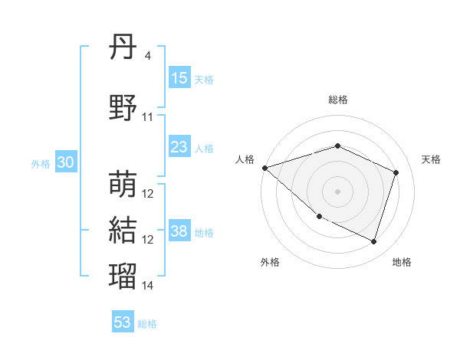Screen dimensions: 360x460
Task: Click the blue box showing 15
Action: [179, 78]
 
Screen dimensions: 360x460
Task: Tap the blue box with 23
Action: [179, 147]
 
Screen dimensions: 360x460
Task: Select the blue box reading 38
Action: [179, 231]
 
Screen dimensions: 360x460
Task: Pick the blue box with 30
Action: [66, 162]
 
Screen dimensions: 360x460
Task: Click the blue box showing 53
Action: [123, 322]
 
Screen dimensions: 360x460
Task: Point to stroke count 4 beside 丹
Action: [147, 56]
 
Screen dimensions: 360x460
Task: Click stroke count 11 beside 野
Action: [148, 117]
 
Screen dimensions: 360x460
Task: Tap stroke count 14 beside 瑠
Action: [148, 286]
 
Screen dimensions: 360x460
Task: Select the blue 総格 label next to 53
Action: [147, 324]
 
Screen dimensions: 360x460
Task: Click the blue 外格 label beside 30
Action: [41, 163]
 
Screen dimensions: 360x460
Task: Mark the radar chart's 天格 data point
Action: [396, 172]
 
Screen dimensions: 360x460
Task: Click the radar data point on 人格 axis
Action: [264, 168]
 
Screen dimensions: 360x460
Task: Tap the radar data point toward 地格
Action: [373, 242]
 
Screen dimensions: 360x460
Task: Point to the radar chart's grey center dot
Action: [337, 191]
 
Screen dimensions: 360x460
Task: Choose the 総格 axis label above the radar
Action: [337, 100]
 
